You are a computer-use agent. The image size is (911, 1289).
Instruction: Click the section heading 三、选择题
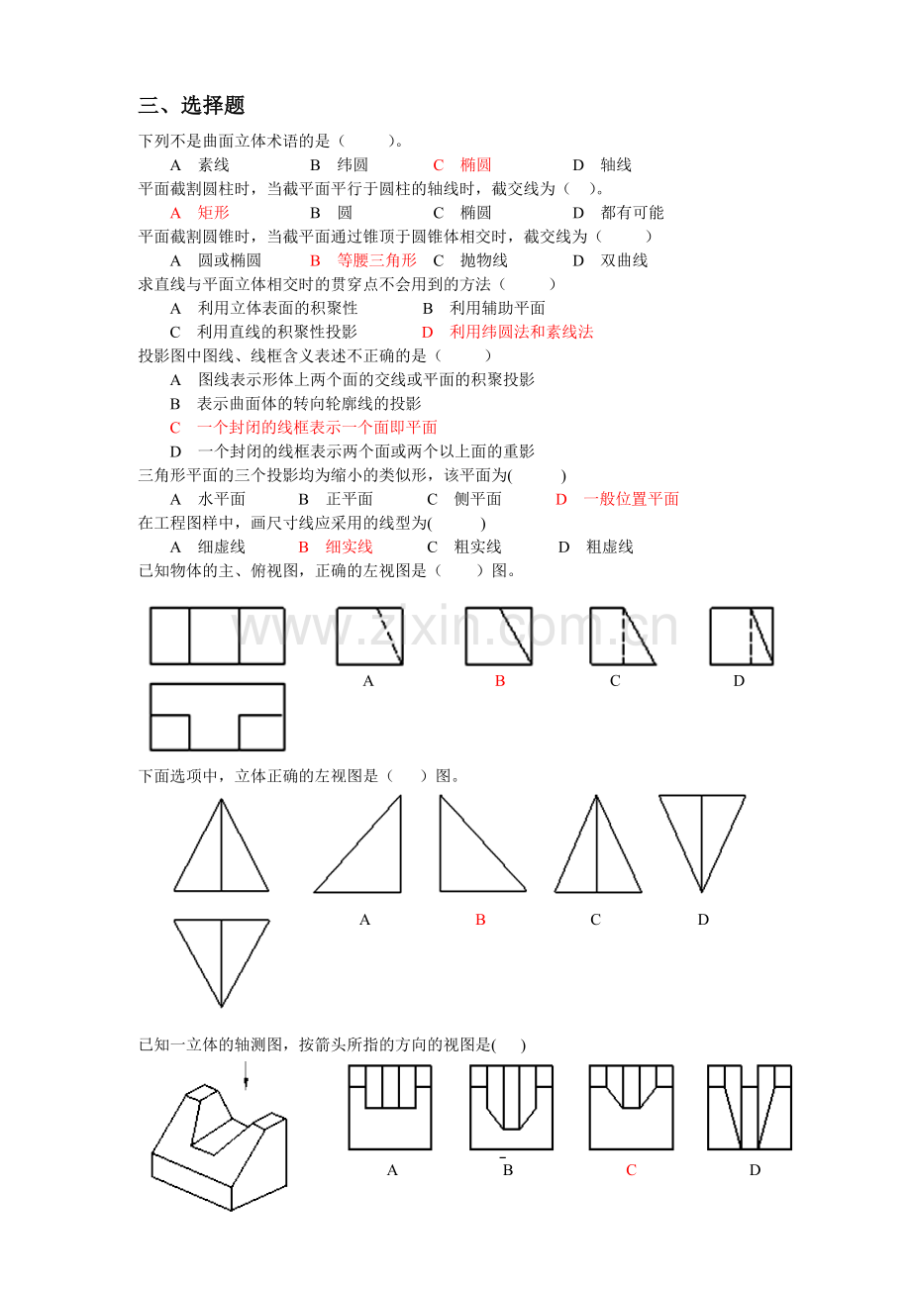[191, 106]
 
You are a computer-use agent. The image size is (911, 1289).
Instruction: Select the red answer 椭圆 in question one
[475, 165]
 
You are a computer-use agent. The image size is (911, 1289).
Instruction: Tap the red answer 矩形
[213, 213]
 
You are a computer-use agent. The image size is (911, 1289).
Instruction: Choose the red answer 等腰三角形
[376, 260]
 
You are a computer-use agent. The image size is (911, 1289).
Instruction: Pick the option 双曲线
[624, 260]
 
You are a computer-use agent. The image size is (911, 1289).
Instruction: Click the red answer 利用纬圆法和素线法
[521, 333]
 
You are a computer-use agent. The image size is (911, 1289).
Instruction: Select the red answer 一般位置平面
[631, 499]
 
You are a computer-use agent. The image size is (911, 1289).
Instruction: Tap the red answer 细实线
[349, 546]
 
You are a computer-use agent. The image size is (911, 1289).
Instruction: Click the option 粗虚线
[609, 546]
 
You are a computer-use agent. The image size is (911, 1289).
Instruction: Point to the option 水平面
[221, 499]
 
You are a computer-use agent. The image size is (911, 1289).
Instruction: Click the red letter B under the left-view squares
[500, 681]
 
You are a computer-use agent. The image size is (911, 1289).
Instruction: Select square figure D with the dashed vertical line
[741, 636]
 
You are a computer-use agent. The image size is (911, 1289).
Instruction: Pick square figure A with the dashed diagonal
[369, 636]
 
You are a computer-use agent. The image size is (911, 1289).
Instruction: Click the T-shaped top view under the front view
[217, 717]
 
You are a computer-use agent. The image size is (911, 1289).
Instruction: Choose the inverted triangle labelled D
[702, 842]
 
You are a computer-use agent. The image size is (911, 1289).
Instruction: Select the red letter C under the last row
[631, 1170]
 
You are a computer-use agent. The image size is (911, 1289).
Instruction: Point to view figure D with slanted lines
[750, 1107]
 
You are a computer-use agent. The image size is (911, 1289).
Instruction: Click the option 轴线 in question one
[615, 165]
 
